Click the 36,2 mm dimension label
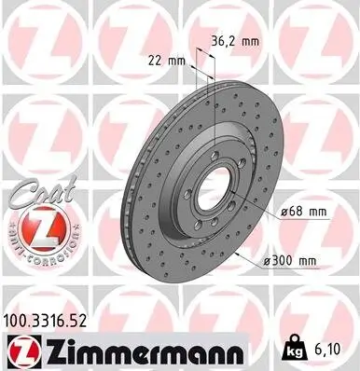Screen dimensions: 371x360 [x=233, y=40]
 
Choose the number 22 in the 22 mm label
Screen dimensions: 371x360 [x=157, y=61]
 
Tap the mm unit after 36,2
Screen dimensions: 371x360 [x=249, y=40]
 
